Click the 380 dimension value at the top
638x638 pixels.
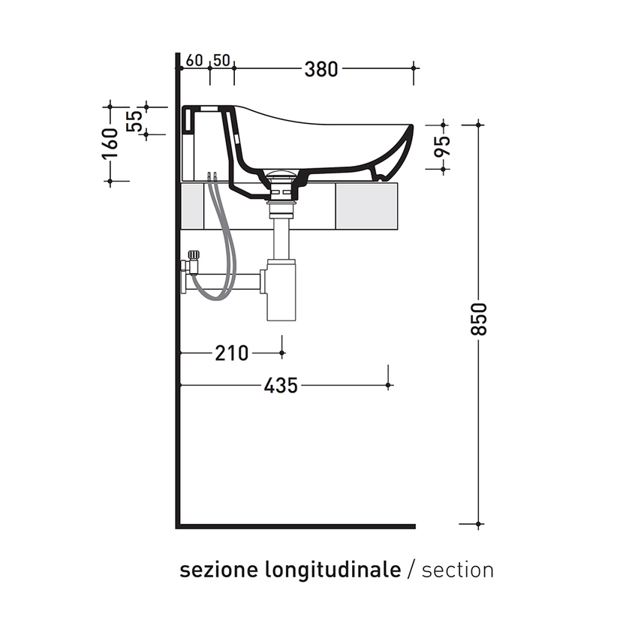[x=321, y=69]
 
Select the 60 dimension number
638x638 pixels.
[x=195, y=60]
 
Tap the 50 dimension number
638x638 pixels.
[x=221, y=60]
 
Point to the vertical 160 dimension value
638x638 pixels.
[x=110, y=143]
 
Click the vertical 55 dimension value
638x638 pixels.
[x=135, y=120]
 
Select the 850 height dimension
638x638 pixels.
[x=480, y=319]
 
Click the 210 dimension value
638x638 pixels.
[x=231, y=353]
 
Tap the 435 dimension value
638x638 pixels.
[x=281, y=386]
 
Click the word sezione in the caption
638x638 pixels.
[x=217, y=570]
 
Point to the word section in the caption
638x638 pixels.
[x=458, y=570]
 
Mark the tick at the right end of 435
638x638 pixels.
[x=388, y=385]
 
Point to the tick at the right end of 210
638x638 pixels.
[x=282, y=352]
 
